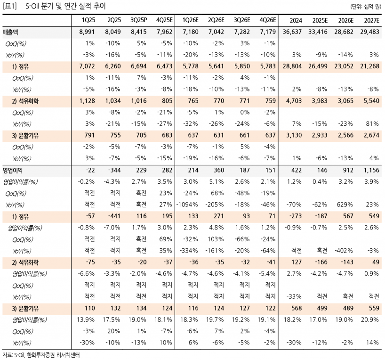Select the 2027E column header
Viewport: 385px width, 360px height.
point(371,21)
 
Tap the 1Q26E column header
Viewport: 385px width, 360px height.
point(191,21)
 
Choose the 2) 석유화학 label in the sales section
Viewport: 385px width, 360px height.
point(27,101)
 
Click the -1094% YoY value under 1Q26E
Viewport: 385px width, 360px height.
point(189,205)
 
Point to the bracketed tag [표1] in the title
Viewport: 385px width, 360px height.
point(9,6)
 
